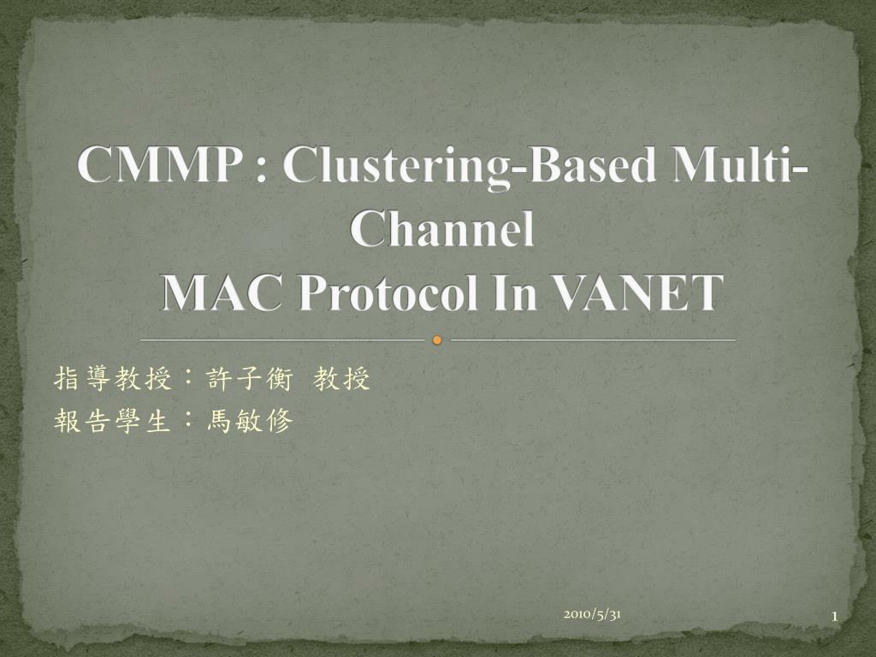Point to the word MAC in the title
[222, 293]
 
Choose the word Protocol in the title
[388, 293]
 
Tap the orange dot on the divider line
[437, 340]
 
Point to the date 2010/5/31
[592, 614]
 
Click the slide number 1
[835, 617]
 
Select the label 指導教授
[113, 379]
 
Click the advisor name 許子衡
[250, 379]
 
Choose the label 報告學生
[113, 421]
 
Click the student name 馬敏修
[250, 421]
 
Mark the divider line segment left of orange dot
[282, 340]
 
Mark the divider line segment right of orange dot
[594, 340]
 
